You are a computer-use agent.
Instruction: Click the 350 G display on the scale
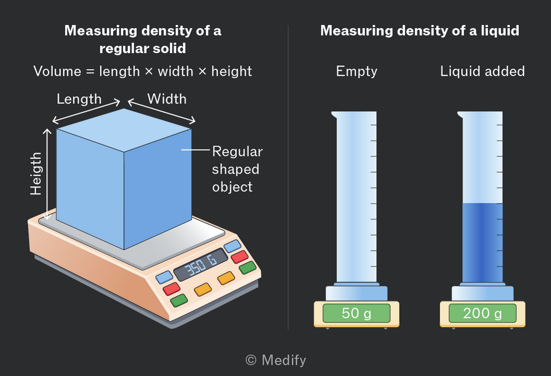201,265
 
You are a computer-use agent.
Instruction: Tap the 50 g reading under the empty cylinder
356,313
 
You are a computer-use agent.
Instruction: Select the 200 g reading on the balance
483,313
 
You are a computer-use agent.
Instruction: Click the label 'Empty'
357,71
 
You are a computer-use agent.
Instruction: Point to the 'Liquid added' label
483,71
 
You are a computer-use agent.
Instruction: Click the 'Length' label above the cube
79,100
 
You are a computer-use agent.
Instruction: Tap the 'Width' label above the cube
167,99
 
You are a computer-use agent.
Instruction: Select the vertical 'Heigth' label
36,174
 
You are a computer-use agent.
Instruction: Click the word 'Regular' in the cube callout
237,152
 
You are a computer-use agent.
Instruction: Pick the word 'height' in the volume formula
232,71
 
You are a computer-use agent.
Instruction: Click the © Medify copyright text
276,360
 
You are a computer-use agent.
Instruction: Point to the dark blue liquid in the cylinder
482,242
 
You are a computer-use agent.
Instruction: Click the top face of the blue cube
124,130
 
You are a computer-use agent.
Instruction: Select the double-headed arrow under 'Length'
87,112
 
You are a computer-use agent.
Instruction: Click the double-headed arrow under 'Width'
161,111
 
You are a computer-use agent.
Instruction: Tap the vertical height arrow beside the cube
47,174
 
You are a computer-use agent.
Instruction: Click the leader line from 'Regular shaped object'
195,150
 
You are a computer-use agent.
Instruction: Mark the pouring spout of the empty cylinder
334,114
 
